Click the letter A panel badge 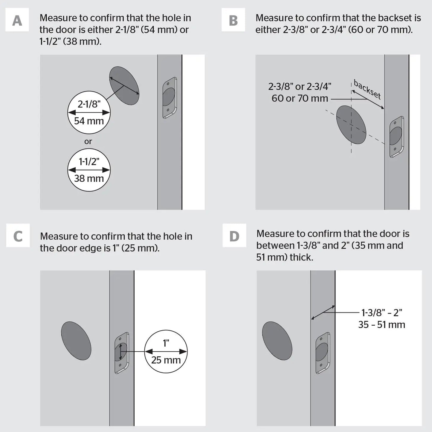click(17, 20)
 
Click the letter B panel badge click(233, 20)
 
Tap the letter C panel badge click(18, 236)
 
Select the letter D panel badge click(234, 236)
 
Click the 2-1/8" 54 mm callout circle click(89, 112)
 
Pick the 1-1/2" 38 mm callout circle click(89, 170)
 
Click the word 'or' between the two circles click(88, 141)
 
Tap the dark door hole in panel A click(124, 86)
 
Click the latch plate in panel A click(170, 98)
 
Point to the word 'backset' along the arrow click(367, 89)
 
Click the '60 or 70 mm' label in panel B click(300, 98)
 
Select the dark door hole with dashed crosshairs click(351, 125)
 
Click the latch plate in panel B click(396, 137)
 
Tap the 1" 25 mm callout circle click(166, 352)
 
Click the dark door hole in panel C click(76, 341)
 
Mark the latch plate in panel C click(122, 353)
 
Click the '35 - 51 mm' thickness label click(381, 325)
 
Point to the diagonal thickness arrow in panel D click(323, 312)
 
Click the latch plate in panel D click(323, 353)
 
